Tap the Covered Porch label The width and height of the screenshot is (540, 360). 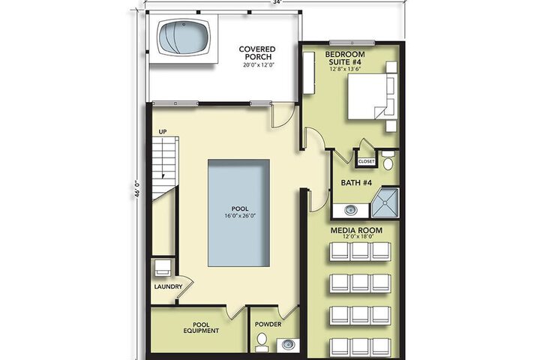[x=257, y=53]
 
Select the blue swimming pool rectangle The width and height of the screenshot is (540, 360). [x=238, y=213]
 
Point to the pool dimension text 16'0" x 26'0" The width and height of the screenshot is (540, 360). [x=240, y=216]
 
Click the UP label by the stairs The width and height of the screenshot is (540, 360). [x=163, y=131]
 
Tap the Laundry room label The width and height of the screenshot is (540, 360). [x=168, y=286]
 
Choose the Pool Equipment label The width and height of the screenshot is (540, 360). [x=201, y=328]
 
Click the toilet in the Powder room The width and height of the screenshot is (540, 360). [x=262, y=342]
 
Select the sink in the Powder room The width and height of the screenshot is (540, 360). [x=288, y=344]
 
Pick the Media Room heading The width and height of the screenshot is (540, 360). [x=356, y=230]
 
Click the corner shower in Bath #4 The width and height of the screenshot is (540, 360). [x=385, y=203]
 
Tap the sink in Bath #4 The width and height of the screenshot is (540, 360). [x=351, y=210]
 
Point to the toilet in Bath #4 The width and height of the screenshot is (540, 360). [x=388, y=160]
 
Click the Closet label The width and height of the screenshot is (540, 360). [x=366, y=161]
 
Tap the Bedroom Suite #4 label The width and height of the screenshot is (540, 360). [x=345, y=58]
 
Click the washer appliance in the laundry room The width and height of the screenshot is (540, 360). [x=163, y=267]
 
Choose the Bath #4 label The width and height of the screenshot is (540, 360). [x=356, y=182]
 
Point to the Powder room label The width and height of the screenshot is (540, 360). [x=268, y=324]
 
